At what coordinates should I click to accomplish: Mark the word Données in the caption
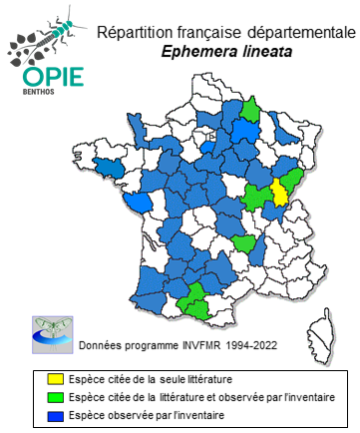(101, 346)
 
